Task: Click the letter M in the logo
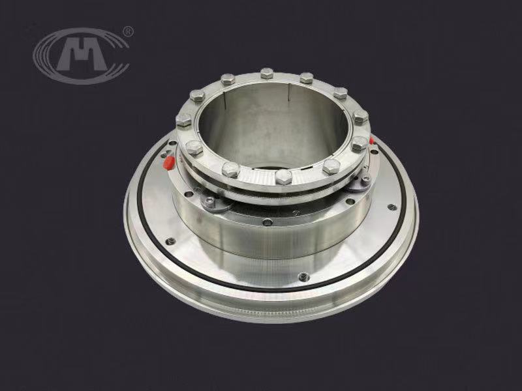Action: [x=82, y=54]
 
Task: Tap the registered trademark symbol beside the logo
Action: [x=128, y=31]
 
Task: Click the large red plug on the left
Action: [x=169, y=162]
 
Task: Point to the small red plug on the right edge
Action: [x=371, y=140]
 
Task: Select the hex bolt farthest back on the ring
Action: [x=267, y=73]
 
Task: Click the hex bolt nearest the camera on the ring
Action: [x=283, y=177]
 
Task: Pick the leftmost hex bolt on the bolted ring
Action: [x=183, y=119]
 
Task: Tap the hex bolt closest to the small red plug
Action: [x=360, y=143]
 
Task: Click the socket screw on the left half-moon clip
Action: [x=209, y=201]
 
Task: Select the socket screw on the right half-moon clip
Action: [x=365, y=179]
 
